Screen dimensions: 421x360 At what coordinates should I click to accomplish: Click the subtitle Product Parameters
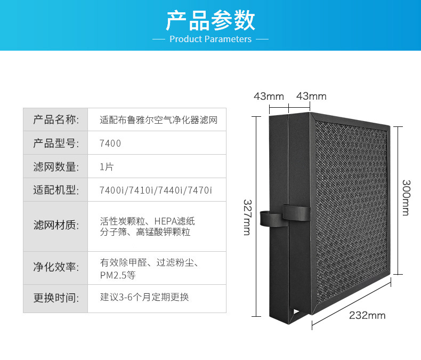point(210,39)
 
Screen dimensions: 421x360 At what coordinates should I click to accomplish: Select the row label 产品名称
point(55,119)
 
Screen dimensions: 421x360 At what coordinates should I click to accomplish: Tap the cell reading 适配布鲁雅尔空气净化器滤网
point(158,120)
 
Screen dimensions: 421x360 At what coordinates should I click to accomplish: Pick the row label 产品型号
point(55,143)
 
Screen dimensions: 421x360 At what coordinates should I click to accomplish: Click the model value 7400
point(110,143)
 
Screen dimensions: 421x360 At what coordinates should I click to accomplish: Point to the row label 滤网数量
point(55,166)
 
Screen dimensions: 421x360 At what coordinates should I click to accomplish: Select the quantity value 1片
point(107,167)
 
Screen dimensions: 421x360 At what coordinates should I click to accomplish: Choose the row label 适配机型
point(55,190)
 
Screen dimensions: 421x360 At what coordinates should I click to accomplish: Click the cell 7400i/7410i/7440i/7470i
point(156,190)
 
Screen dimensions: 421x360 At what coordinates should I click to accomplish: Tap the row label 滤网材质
point(55,226)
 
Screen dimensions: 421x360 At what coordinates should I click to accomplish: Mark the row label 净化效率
point(55,268)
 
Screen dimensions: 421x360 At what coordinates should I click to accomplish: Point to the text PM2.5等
point(118,275)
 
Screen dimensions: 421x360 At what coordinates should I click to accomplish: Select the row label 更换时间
point(55,298)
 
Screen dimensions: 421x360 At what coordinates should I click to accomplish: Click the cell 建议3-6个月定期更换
point(144,298)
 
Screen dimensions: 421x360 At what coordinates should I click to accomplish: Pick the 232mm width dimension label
point(367,315)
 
